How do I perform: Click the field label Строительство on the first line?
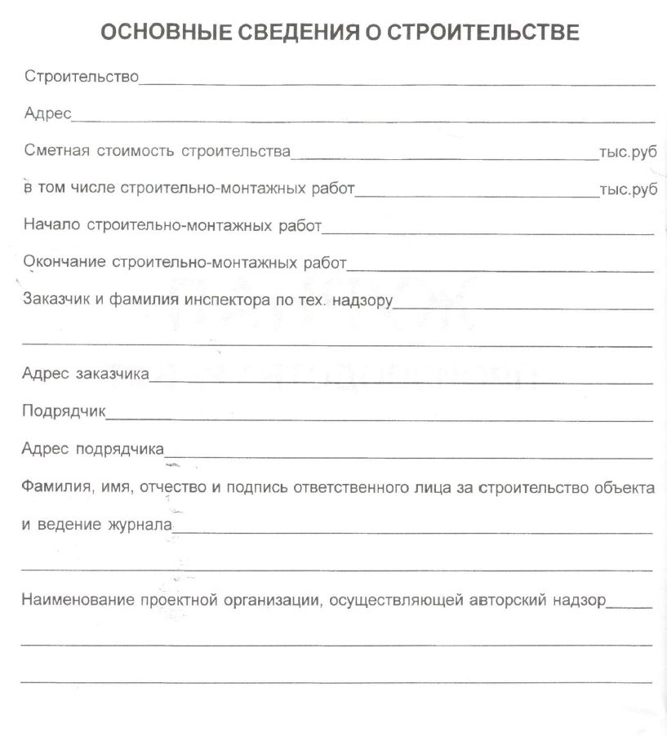pyautogui.click(x=82, y=78)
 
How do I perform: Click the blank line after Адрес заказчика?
pyautogui.click(x=400, y=380)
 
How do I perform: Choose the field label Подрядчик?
pyautogui.click(x=64, y=412)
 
